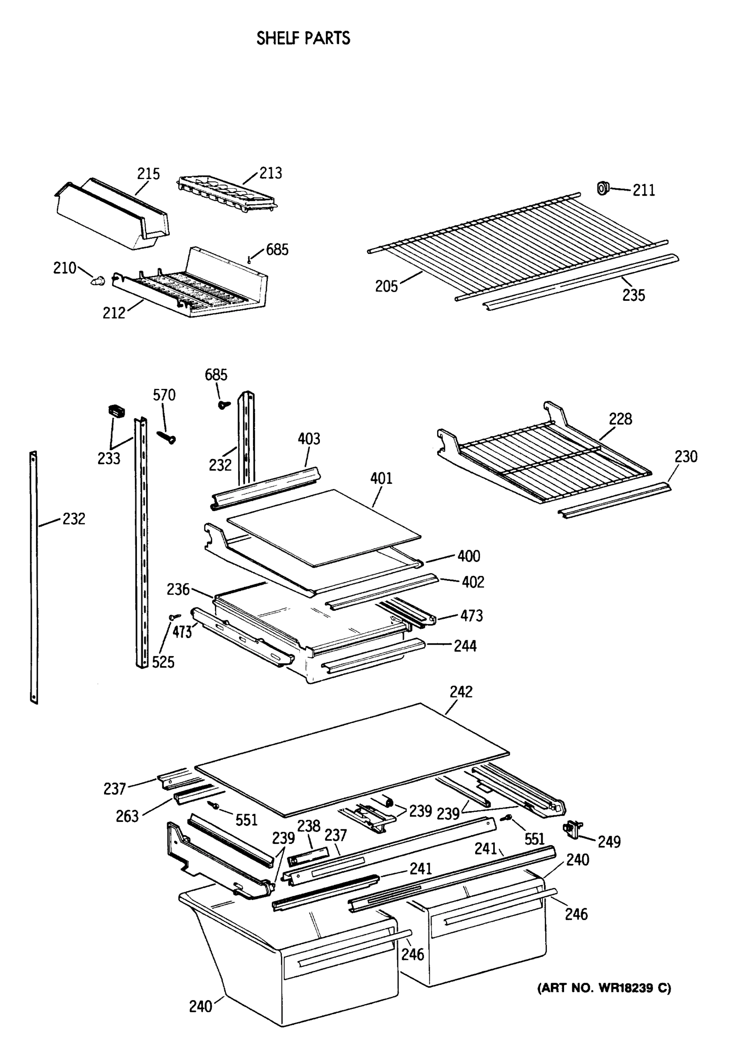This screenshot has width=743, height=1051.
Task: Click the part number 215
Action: coord(148,174)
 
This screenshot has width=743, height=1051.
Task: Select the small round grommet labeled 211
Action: coord(603,188)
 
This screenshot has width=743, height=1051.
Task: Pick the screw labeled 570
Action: coord(167,437)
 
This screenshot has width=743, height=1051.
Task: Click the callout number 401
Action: coord(381,479)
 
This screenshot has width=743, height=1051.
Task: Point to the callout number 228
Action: coord(620,419)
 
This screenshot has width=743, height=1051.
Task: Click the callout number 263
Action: coord(127,816)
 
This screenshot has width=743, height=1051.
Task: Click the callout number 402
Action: coord(473,582)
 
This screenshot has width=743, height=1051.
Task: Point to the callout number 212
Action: coord(113,313)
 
